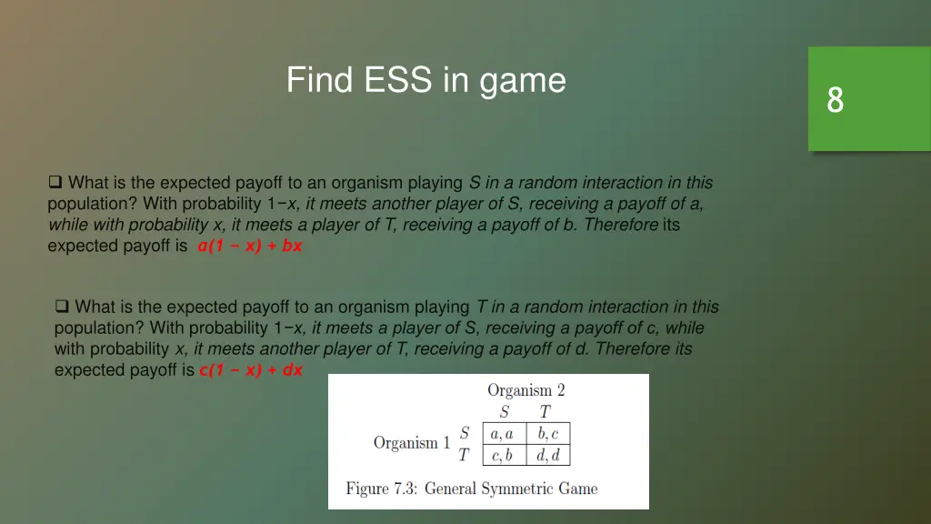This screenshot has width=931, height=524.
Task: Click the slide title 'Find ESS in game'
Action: [x=425, y=80]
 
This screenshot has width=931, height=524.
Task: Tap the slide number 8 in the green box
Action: [x=835, y=99]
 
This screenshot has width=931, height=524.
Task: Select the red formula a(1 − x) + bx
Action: [x=249, y=246]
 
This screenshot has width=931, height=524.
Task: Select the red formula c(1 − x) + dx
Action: [x=251, y=370]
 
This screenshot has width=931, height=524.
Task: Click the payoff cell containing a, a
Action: [x=503, y=433]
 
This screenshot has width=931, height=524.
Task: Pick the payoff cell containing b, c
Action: [x=547, y=433]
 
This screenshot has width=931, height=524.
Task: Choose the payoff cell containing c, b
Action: [x=503, y=455]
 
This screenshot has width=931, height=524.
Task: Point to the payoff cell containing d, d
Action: [x=547, y=455]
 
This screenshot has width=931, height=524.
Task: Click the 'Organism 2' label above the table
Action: [x=526, y=390]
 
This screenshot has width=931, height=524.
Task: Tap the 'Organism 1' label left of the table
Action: [x=411, y=443]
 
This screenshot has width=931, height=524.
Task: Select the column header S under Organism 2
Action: [x=505, y=412]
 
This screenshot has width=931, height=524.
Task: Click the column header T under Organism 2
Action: [x=546, y=412]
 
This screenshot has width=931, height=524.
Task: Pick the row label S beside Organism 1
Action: [x=465, y=433]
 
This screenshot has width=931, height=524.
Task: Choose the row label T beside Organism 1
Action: [x=465, y=455]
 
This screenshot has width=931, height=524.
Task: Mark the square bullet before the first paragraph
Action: [x=55, y=182]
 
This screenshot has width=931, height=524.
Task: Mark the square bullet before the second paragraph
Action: [x=62, y=307]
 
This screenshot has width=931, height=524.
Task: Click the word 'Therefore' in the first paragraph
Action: [x=622, y=225]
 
